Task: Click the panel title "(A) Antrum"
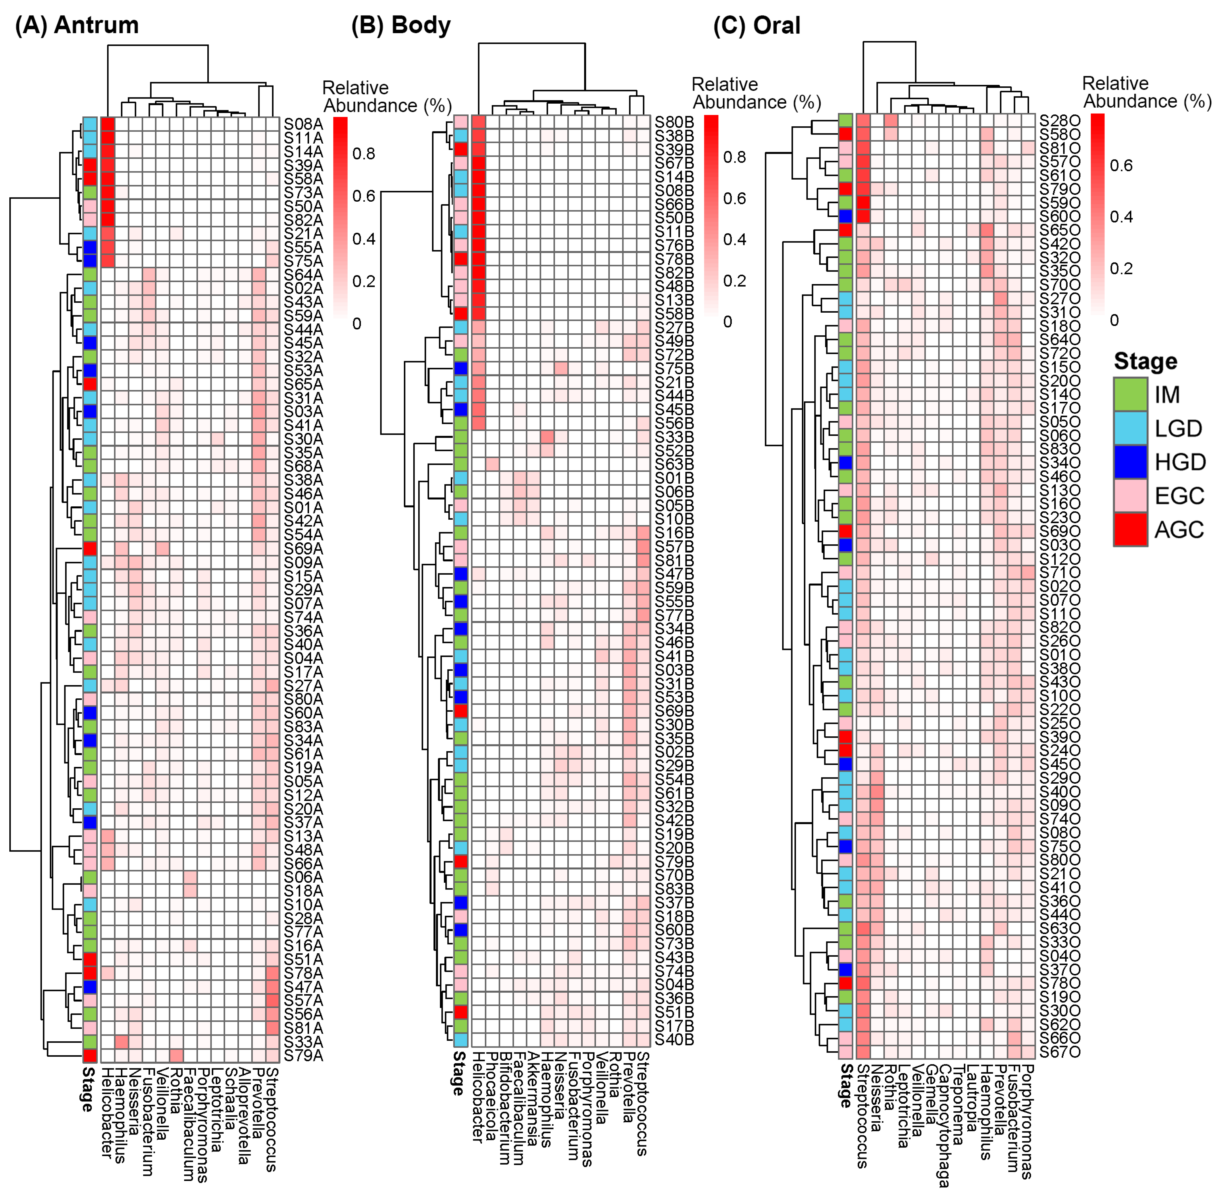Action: click(x=76, y=25)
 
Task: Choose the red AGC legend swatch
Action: click(x=1130, y=529)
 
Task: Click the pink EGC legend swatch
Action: click(x=1130, y=495)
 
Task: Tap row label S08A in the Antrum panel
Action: click(x=303, y=124)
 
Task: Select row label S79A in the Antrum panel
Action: click(x=303, y=1056)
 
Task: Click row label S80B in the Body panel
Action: click(x=674, y=122)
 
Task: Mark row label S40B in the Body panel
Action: click(x=674, y=1040)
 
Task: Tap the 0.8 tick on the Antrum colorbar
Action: click(x=364, y=153)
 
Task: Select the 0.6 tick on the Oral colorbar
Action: click(x=1121, y=166)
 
